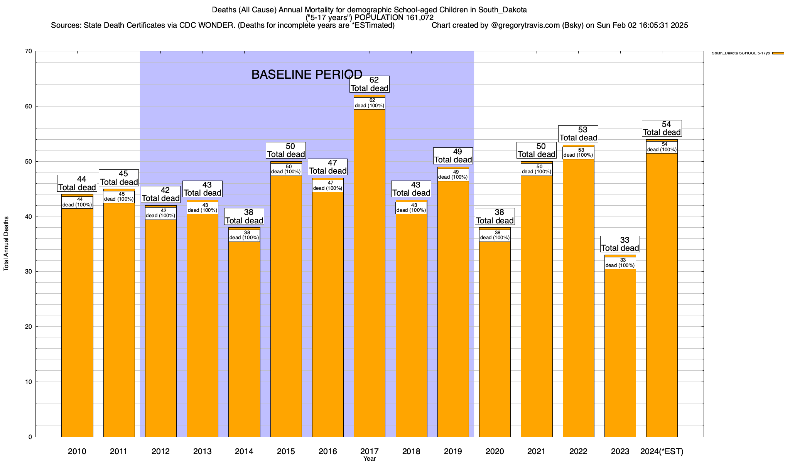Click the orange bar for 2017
(x=369, y=270)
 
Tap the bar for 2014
(x=244, y=336)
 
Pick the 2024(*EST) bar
(x=662, y=293)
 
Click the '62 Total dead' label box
(x=370, y=84)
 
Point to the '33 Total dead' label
(x=620, y=244)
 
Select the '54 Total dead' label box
(x=662, y=128)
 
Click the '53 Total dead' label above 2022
(x=578, y=134)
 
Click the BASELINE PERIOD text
(x=307, y=74)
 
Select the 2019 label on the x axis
(x=453, y=451)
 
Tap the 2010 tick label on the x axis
(x=77, y=451)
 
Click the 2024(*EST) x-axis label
(x=662, y=451)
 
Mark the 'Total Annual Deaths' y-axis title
(x=6, y=243)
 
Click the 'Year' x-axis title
(x=369, y=459)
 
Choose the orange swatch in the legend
(x=778, y=53)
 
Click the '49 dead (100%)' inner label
(x=453, y=175)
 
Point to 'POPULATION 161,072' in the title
(x=394, y=18)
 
